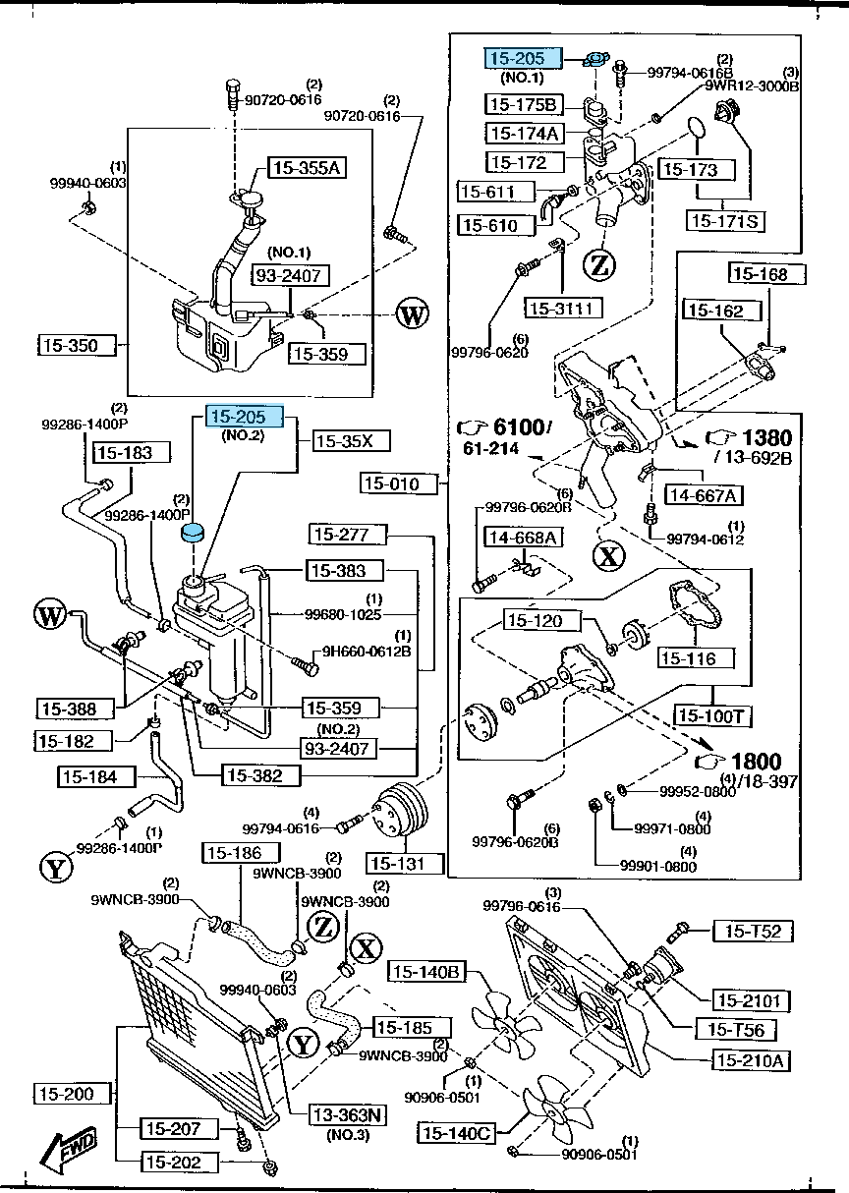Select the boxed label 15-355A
click(x=304, y=169)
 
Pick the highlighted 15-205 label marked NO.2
click(x=244, y=418)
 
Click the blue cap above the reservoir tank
click(x=195, y=533)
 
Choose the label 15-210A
click(x=752, y=1060)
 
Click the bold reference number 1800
click(x=757, y=762)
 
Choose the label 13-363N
click(x=348, y=1114)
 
